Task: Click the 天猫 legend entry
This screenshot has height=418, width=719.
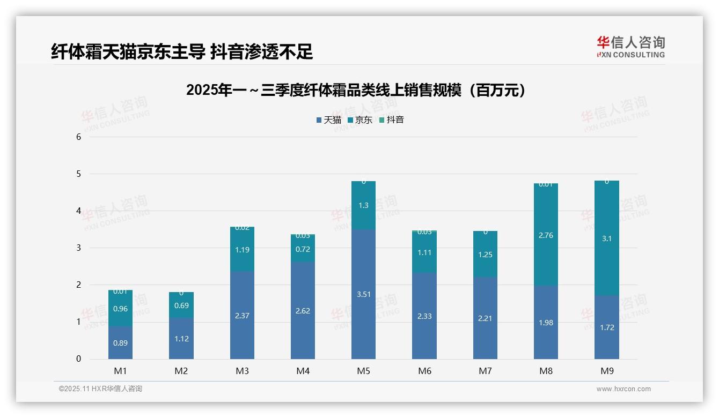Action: pyautogui.click(x=328, y=120)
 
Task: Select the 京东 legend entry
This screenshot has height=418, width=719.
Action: pyautogui.click(x=360, y=120)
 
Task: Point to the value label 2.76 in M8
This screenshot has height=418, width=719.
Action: pyautogui.click(x=546, y=235)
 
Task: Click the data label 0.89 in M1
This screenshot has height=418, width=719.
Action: pyautogui.click(x=120, y=343)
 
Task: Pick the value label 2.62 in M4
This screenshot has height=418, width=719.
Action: pyautogui.click(x=303, y=311)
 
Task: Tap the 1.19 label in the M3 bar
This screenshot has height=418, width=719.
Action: pyautogui.click(x=242, y=249)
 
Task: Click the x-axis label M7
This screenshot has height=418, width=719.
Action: pyautogui.click(x=485, y=371)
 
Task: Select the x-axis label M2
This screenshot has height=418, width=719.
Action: pyautogui.click(x=181, y=371)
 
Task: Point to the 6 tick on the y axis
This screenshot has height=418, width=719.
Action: pyautogui.click(x=78, y=137)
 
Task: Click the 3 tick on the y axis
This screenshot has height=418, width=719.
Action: pyautogui.click(x=78, y=248)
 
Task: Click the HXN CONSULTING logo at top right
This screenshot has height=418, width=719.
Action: pyautogui.click(x=631, y=47)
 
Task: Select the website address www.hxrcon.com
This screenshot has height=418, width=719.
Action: pyautogui.click(x=623, y=389)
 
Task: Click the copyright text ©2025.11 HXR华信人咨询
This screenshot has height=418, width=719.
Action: pyautogui.click(x=100, y=389)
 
